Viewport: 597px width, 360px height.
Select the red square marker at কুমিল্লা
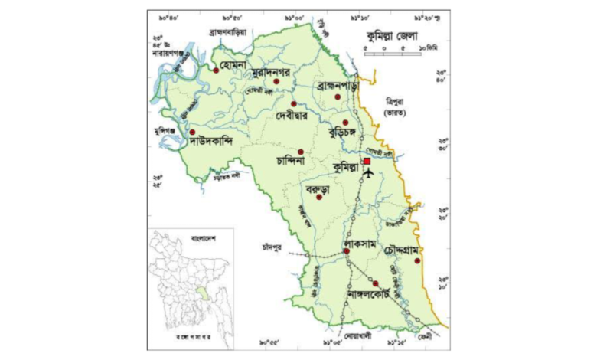coord(367,161)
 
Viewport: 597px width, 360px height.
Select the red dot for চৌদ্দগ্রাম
coord(417,261)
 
